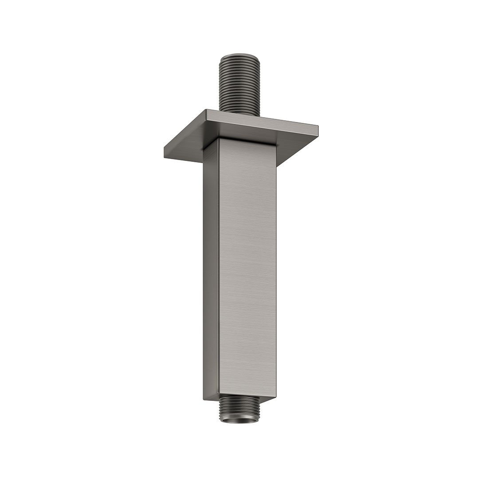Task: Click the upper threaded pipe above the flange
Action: pos(239,84)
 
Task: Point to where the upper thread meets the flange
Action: pos(239,114)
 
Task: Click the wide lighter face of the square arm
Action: pos(247,266)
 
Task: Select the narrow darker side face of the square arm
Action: pos(211,266)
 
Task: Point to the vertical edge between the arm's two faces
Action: pos(219,266)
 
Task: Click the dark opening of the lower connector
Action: pos(240,419)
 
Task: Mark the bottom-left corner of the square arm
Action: pos(204,399)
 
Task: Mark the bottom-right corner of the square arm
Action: pos(276,396)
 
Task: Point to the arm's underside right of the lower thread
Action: pos(266,399)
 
